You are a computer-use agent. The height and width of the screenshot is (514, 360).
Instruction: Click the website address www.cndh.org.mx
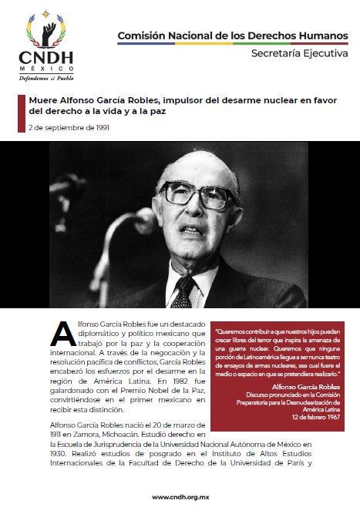click(x=180, y=497)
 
